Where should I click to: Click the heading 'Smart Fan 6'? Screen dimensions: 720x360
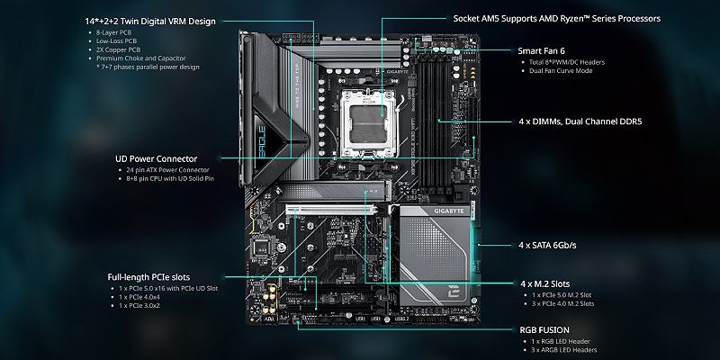point(542,50)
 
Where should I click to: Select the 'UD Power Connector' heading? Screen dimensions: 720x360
point(156,159)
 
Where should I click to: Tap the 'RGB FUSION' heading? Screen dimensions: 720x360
point(544,329)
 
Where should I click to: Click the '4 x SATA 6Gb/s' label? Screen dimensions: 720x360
point(547,245)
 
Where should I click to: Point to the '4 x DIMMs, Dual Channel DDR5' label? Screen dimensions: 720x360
point(580,121)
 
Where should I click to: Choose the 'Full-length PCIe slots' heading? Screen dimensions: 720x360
point(148,277)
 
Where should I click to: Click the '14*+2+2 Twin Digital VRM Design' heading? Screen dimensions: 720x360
point(150,21)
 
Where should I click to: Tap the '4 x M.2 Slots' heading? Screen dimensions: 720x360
point(545,283)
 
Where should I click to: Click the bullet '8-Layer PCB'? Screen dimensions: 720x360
point(113,32)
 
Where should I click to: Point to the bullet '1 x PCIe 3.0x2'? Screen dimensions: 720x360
point(139,305)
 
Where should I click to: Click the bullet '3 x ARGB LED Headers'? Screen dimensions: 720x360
point(564,350)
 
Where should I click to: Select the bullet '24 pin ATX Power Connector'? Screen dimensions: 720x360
point(167,170)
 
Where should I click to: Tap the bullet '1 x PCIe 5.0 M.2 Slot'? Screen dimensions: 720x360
point(562,295)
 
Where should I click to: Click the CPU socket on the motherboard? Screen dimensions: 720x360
point(368,122)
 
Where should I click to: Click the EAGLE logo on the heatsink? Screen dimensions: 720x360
point(261,141)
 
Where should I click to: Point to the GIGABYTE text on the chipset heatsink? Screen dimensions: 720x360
point(449,211)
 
